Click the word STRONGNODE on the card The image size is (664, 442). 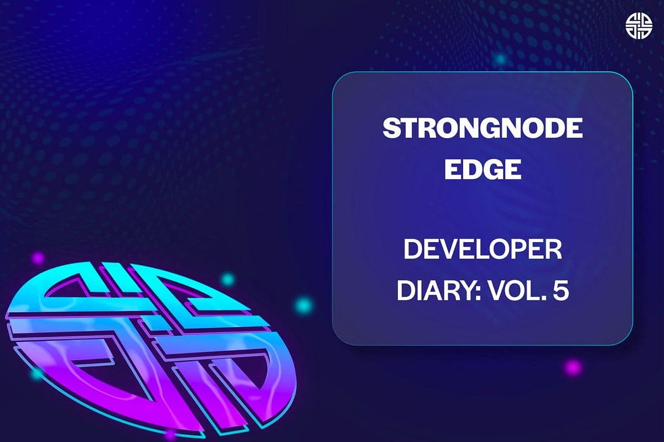tap(483, 129)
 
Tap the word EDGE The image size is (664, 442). tap(483, 169)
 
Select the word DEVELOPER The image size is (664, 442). tap(483, 251)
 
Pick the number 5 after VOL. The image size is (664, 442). tap(559, 291)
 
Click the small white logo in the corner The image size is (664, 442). tap(639, 25)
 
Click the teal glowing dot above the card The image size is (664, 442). tap(501, 59)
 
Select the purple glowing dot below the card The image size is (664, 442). tap(573, 367)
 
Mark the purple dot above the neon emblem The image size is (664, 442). tap(38, 257)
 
